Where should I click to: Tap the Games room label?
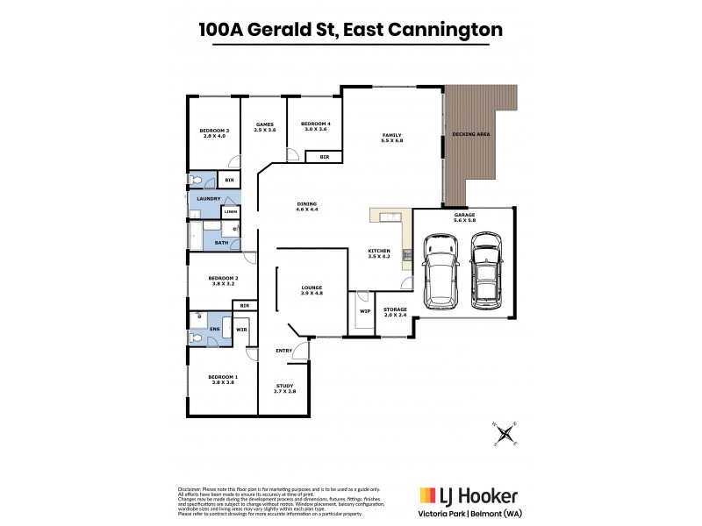pyautogui.click(x=266, y=127)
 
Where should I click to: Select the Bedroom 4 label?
pyautogui.click(x=314, y=127)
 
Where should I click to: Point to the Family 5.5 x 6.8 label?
pyautogui.click(x=391, y=137)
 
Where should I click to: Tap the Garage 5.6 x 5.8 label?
pyautogui.click(x=464, y=217)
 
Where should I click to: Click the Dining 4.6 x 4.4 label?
pyautogui.click(x=306, y=207)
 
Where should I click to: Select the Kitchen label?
pyautogui.click(x=379, y=254)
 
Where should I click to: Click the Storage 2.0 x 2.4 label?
pyautogui.click(x=396, y=311)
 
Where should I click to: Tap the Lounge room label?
pyautogui.click(x=312, y=290)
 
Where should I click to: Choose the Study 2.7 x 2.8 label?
pyautogui.click(x=284, y=388)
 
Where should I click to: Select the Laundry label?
pyautogui.click(x=208, y=199)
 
